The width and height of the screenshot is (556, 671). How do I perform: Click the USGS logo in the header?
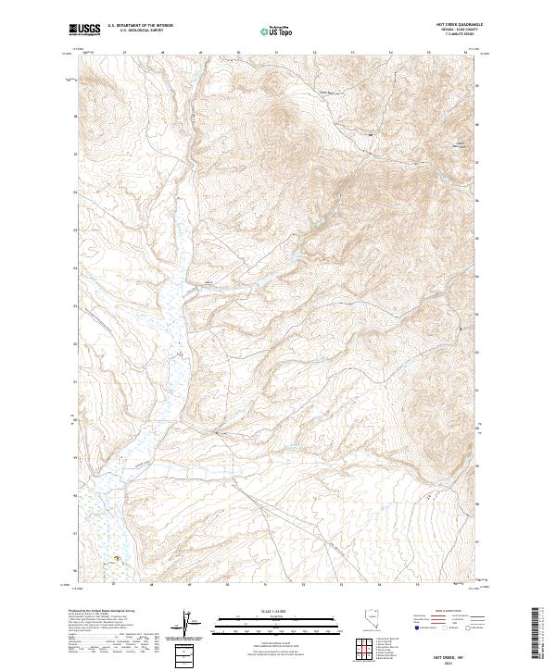[85, 30]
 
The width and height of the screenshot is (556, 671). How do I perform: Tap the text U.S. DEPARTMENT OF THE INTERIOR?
[139, 26]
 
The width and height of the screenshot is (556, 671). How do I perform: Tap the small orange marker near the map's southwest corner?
[116, 558]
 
